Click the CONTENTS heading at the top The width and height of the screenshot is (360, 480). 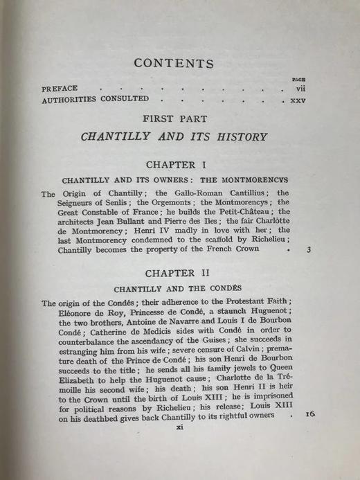pos(174,63)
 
